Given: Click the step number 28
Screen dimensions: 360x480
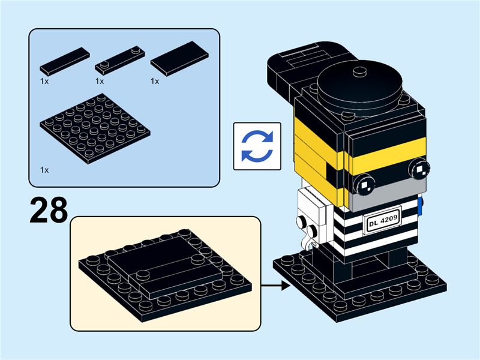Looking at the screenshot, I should pyautogui.click(x=48, y=209).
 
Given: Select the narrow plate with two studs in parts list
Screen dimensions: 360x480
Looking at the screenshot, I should pyautogui.click(x=121, y=61).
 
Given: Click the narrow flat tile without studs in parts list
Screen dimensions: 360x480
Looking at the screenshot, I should pyautogui.click(x=65, y=59).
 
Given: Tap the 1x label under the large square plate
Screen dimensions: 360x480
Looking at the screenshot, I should pyautogui.click(x=44, y=170).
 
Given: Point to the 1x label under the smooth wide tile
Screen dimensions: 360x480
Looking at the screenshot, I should pyautogui.click(x=155, y=80).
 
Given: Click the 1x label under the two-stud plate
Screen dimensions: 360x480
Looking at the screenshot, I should pyautogui.click(x=100, y=80).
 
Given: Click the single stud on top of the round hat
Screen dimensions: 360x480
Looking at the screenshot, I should pyautogui.click(x=360, y=73).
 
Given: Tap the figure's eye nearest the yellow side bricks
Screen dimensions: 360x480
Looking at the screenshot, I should pyautogui.click(x=364, y=184).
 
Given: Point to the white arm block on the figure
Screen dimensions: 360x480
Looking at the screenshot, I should pyautogui.click(x=312, y=207).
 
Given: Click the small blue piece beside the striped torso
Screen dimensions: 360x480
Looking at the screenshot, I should pyautogui.click(x=422, y=205).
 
